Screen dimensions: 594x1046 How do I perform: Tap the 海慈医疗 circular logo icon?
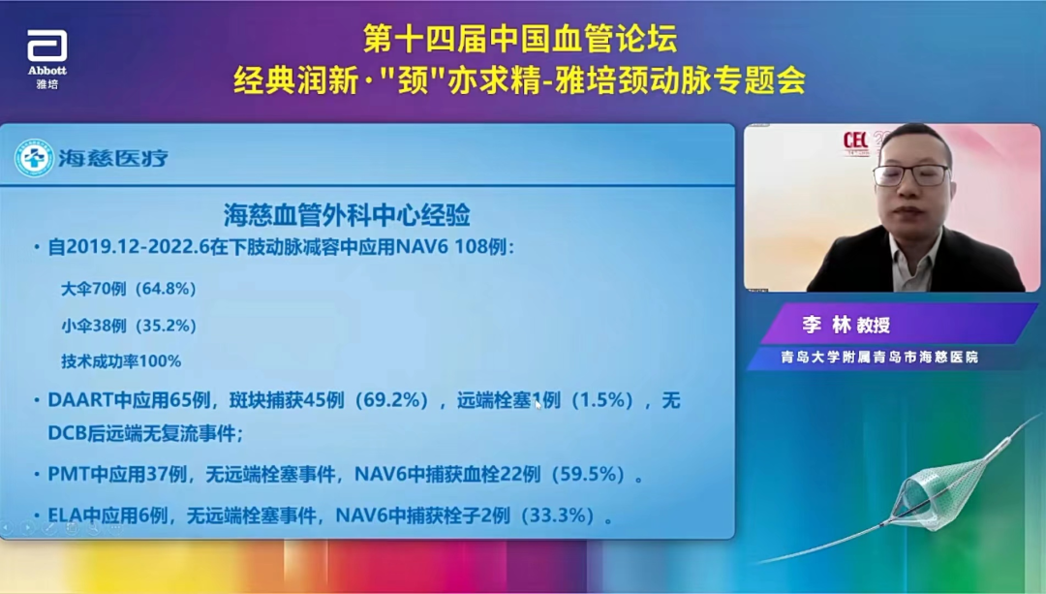coord(35,158)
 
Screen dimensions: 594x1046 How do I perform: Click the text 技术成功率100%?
coord(121,360)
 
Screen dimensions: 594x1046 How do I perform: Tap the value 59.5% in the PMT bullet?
coord(594,475)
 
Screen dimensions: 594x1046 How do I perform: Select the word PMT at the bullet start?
coord(67,475)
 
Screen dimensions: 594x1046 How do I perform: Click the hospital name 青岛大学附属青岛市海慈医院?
coord(879,357)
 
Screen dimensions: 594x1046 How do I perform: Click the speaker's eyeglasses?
coord(911,175)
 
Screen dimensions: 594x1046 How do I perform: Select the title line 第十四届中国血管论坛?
coord(520,39)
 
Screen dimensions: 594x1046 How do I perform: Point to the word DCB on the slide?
coord(68,433)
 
